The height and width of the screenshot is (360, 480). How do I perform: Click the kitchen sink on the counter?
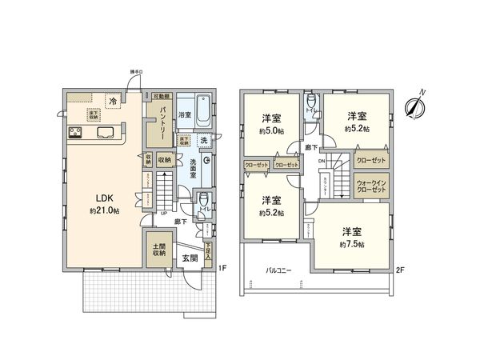coord(104,133)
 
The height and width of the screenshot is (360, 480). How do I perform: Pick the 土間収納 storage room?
coord(156,249)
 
